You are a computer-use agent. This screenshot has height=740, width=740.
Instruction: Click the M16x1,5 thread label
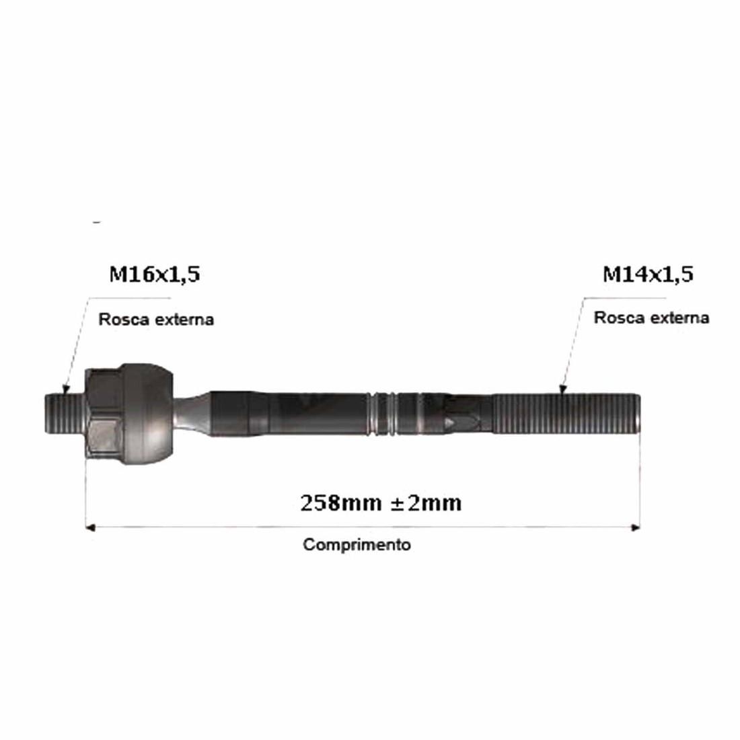[154, 274]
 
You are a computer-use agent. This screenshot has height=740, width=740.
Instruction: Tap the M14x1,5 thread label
[648, 274]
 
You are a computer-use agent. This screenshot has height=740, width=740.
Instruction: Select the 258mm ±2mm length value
[381, 503]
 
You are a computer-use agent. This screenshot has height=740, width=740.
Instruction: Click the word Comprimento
[357, 545]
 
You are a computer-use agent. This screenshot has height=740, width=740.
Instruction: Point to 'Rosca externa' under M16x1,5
[156, 320]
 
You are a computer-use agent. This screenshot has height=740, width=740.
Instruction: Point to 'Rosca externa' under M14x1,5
[651, 318]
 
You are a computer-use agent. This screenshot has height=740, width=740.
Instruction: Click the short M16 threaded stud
[65, 414]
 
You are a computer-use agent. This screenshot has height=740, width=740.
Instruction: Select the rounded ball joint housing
[146, 414]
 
